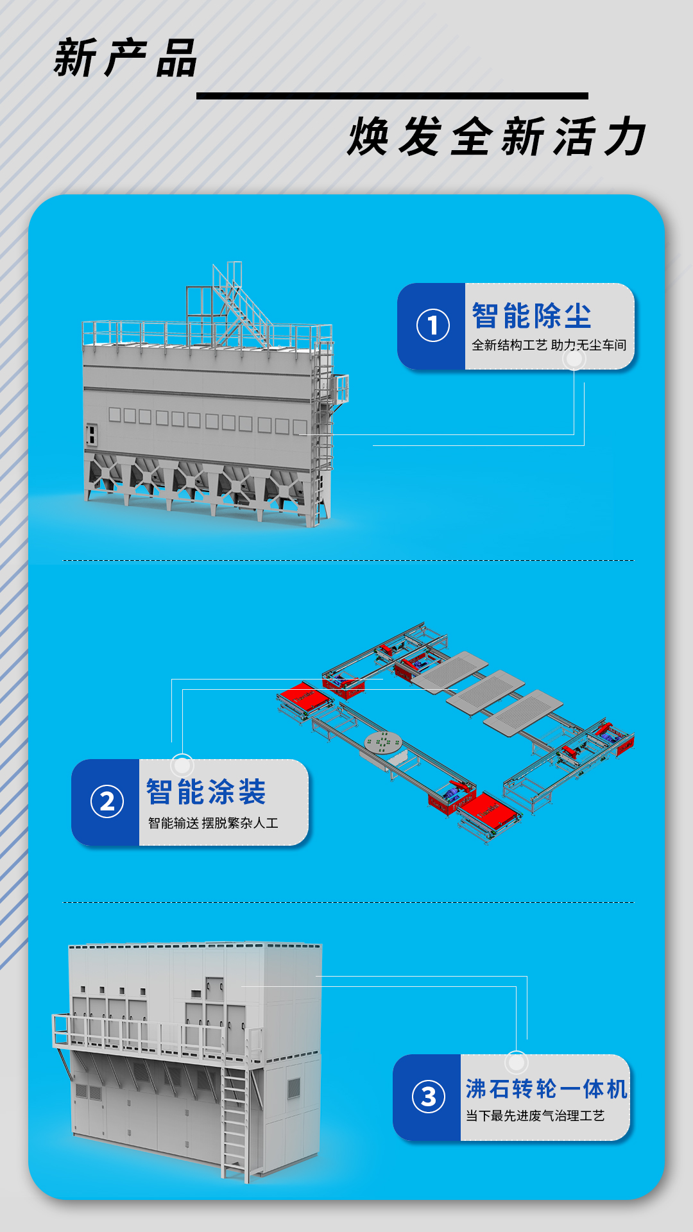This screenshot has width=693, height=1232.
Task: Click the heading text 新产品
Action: (125, 58)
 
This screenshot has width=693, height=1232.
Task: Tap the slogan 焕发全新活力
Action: (497, 137)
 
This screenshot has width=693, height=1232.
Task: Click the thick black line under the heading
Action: (392, 96)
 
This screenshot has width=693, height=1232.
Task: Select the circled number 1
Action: (432, 325)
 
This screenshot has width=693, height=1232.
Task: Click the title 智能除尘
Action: (531, 316)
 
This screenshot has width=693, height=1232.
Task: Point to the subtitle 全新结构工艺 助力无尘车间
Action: (549, 345)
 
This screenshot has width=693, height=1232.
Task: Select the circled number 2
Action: (107, 801)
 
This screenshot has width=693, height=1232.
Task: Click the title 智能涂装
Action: (206, 792)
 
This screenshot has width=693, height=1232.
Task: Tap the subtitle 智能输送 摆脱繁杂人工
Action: (213, 823)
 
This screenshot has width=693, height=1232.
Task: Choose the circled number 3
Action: (428, 1097)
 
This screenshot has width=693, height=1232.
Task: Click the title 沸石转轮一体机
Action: (546, 1089)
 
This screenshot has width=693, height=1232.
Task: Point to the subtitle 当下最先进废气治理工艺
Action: (535, 1116)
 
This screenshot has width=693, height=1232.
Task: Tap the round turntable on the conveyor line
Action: (383, 742)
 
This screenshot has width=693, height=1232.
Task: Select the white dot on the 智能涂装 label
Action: (182, 765)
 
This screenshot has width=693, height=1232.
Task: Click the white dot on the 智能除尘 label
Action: (574, 359)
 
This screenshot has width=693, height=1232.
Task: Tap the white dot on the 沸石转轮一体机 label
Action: (516, 1063)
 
